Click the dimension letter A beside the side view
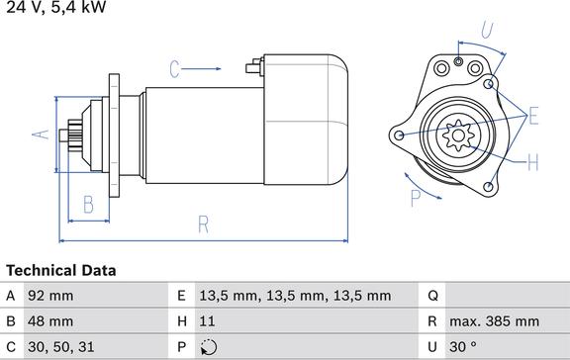[41, 135]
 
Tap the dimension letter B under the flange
[89, 204]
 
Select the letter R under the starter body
[204, 225]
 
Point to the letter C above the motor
[175, 69]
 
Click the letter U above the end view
[488, 29]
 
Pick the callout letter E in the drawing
[533, 117]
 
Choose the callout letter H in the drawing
[533, 162]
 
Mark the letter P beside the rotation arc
[416, 198]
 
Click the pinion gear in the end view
[458, 135]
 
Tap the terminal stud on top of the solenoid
[255, 67]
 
